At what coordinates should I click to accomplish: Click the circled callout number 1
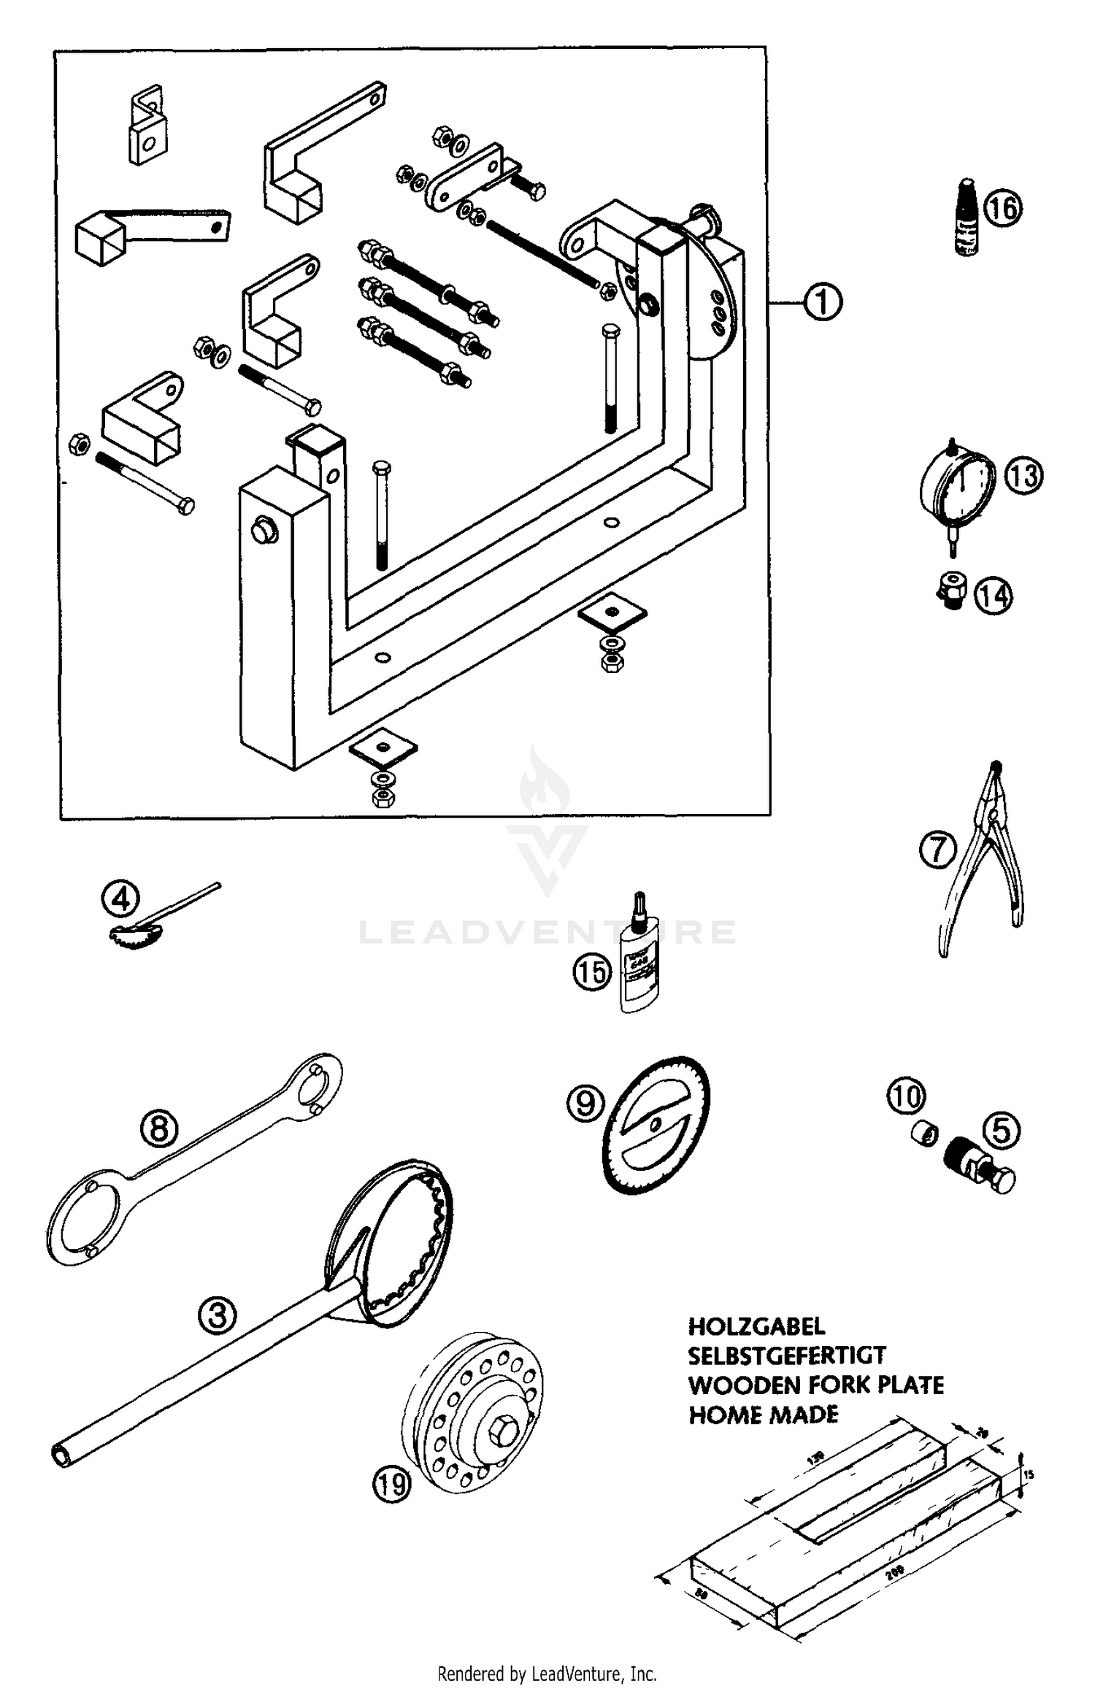pyautogui.click(x=823, y=301)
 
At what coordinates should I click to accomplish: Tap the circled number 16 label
pyautogui.click(x=1002, y=208)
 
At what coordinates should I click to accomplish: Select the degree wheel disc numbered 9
pyautogui.click(x=657, y=1124)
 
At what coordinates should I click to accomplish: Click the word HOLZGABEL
pyautogui.click(x=756, y=1326)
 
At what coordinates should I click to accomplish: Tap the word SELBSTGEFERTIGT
pyautogui.click(x=786, y=1355)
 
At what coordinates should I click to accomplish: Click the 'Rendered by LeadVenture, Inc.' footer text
pyautogui.click(x=547, y=1674)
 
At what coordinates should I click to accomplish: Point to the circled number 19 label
pyautogui.click(x=392, y=1483)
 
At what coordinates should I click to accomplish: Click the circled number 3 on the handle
pyautogui.click(x=218, y=1315)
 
